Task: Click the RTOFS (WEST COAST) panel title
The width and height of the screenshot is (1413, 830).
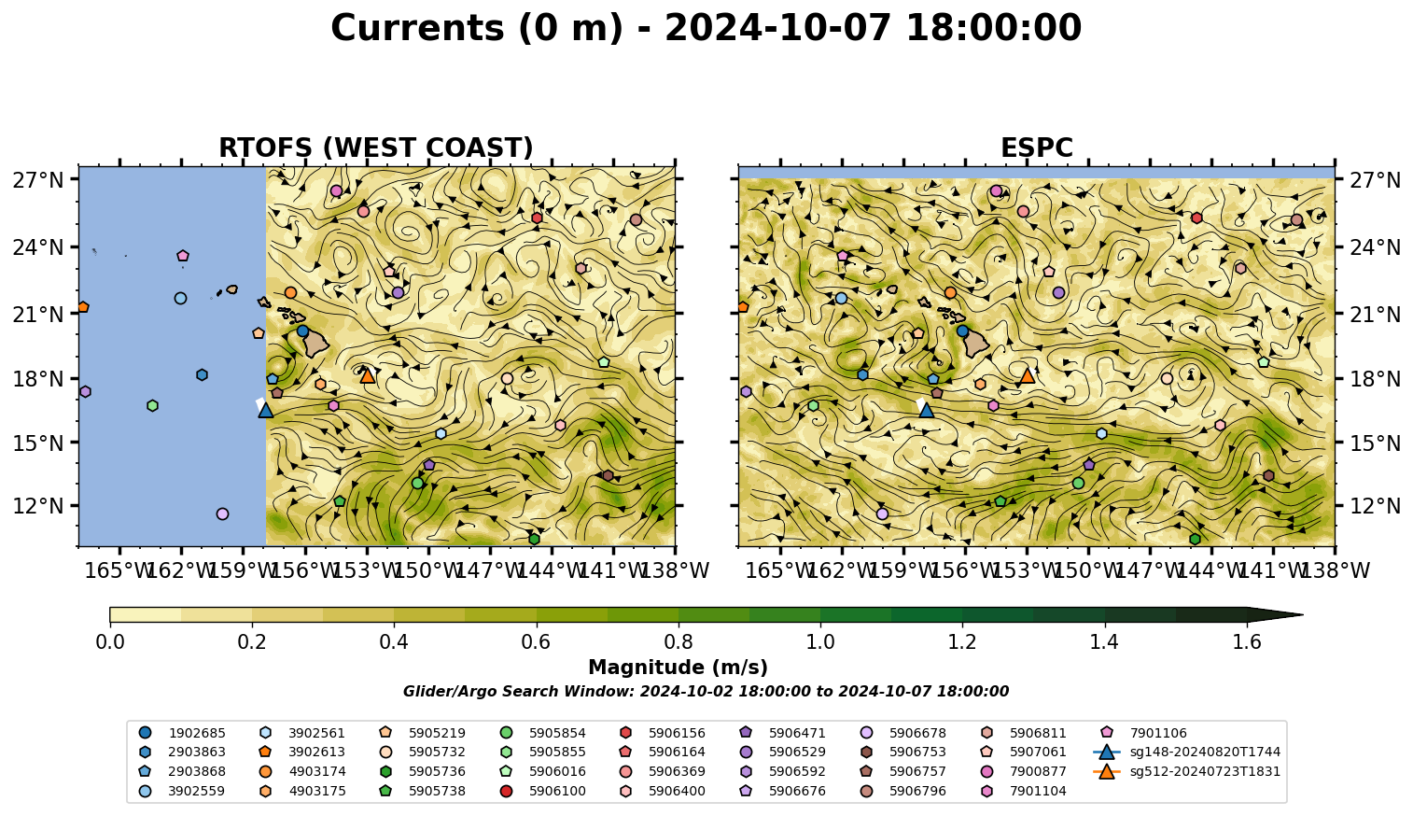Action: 376,148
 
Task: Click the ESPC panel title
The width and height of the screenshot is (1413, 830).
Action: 1036,148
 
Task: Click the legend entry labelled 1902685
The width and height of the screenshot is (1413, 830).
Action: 182,733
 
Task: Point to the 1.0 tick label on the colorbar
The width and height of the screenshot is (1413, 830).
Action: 820,642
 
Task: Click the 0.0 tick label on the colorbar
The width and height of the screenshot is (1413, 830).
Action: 110,642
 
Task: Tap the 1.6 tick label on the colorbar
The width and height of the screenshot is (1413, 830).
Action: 1247,642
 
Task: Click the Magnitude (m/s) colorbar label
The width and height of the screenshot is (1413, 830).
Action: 678,668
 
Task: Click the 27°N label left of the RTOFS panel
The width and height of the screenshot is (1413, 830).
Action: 38,180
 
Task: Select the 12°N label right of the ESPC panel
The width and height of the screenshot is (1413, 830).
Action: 1375,506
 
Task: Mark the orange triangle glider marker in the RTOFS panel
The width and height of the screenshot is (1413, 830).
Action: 368,376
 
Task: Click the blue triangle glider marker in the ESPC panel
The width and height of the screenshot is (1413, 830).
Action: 926,410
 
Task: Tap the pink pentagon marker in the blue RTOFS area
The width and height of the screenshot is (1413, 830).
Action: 183,256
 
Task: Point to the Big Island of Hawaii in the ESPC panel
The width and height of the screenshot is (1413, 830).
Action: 976,344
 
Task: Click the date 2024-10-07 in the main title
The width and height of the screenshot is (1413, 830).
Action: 778,28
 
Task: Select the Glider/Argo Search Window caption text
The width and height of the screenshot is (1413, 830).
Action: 706,691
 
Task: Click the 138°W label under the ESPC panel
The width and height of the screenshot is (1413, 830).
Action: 1336,570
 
